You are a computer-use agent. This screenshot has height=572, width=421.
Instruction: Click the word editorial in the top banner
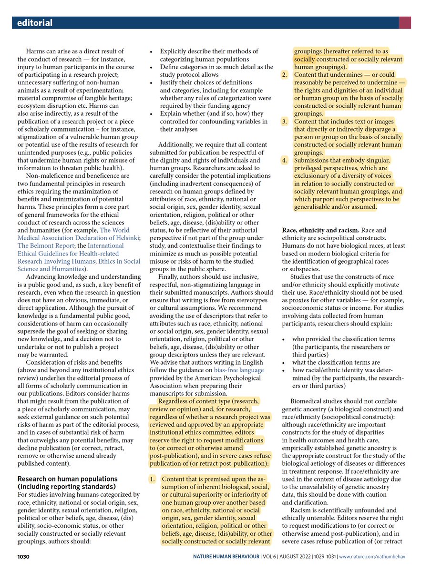tap(34, 23)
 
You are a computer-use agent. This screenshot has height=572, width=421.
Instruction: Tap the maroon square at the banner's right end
tap(405, 22)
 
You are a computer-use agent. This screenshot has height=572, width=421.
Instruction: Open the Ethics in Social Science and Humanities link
tap(79, 262)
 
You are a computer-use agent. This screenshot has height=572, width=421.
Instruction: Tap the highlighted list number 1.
tap(153, 478)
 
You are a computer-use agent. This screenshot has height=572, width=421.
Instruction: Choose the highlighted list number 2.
tap(284, 75)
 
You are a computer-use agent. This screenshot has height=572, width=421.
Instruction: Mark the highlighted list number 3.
tap(284, 121)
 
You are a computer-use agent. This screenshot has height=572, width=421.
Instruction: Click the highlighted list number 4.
tap(284, 160)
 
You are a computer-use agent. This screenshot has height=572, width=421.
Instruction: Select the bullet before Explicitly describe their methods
tap(151, 51)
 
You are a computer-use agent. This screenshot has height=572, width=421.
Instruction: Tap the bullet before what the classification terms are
tap(284, 362)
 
